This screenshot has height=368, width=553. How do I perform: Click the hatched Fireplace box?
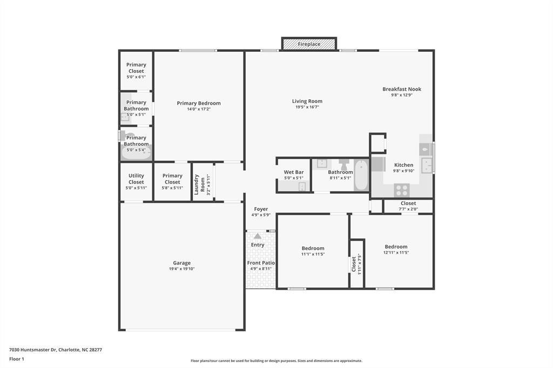click(x=309, y=44)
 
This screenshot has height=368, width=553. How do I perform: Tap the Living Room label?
click(x=307, y=101)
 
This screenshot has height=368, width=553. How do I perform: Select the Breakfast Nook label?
click(x=402, y=89)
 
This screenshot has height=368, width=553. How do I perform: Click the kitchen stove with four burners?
click(x=401, y=189)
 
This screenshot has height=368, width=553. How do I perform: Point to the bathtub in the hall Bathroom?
click(x=361, y=175)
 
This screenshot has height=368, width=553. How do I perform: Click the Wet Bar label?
click(x=294, y=172)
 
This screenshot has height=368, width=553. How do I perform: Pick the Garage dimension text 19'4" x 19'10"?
click(x=181, y=269)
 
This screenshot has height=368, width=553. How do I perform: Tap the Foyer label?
click(x=261, y=209)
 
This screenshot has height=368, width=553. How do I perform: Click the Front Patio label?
click(x=261, y=263)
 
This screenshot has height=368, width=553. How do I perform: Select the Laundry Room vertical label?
click(x=200, y=182)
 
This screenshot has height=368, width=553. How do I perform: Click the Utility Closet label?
click(x=136, y=179)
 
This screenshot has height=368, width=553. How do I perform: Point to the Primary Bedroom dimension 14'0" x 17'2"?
click(x=199, y=109)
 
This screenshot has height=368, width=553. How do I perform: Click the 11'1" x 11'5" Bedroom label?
click(x=313, y=248)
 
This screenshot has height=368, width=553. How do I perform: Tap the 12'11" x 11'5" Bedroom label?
click(x=396, y=247)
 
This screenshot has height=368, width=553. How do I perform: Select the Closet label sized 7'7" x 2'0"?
click(x=408, y=203)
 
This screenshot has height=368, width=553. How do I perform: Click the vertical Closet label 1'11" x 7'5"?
click(x=354, y=264)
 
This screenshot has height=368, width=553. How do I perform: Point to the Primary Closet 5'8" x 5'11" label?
click(x=172, y=179)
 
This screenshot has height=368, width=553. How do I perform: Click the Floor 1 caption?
click(x=17, y=358)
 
